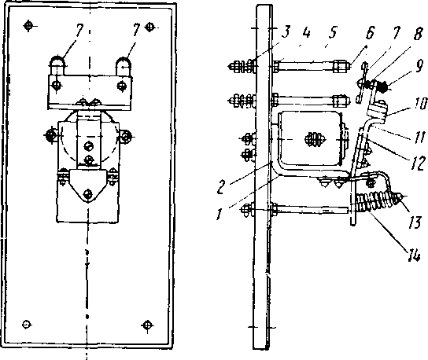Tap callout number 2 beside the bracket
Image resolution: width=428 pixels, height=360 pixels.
pyautogui.click(x=222, y=187)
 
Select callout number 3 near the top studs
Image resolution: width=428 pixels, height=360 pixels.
pyautogui.click(x=286, y=31)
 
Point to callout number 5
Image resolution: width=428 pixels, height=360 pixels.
pyautogui.click(x=332, y=32)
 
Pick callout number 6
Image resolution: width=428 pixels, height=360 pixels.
pyautogui.click(x=370, y=33)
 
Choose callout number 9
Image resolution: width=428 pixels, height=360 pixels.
pyautogui.click(x=419, y=66)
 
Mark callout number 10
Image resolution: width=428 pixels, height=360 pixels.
pyautogui.click(x=420, y=104)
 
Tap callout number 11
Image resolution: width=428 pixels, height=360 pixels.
pyautogui.click(x=419, y=136)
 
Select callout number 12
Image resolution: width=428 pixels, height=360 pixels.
pyautogui.click(x=419, y=163)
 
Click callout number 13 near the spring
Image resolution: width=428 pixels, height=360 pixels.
pyautogui.click(x=415, y=222)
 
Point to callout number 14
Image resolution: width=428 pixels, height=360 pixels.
pyautogui.click(x=414, y=255)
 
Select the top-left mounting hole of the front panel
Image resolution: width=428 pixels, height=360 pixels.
pyautogui.click(x=28, y=26)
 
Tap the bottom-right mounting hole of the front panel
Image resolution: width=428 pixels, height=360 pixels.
pyautogui.click(x=147, y=325)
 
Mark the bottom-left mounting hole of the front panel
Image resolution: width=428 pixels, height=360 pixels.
pyautogui.click(x=27, y=325)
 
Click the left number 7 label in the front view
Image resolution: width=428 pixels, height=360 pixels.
pyautogui.click(x=79, y=30)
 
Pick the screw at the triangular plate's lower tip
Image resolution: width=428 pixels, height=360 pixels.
pyautogui.click(x=88, y=194)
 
